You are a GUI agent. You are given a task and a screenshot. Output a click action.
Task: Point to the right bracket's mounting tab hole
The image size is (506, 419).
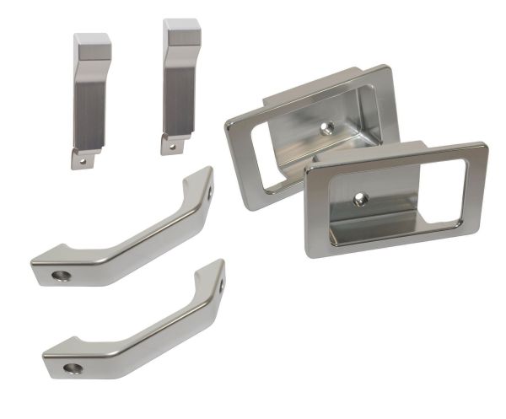[x=172, y=145]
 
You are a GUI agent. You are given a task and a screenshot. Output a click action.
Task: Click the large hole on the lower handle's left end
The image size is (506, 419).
[x=73, y=368]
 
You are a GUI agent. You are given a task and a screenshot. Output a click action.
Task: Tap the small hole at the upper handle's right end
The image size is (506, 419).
[x=210, y=191]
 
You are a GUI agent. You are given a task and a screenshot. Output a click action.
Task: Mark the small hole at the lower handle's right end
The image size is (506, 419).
[x=222, y=285]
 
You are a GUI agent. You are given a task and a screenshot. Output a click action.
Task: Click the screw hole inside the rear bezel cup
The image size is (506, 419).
[x=328, y=127]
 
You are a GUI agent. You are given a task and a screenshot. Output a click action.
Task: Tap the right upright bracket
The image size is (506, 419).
[x=180, y=84]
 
